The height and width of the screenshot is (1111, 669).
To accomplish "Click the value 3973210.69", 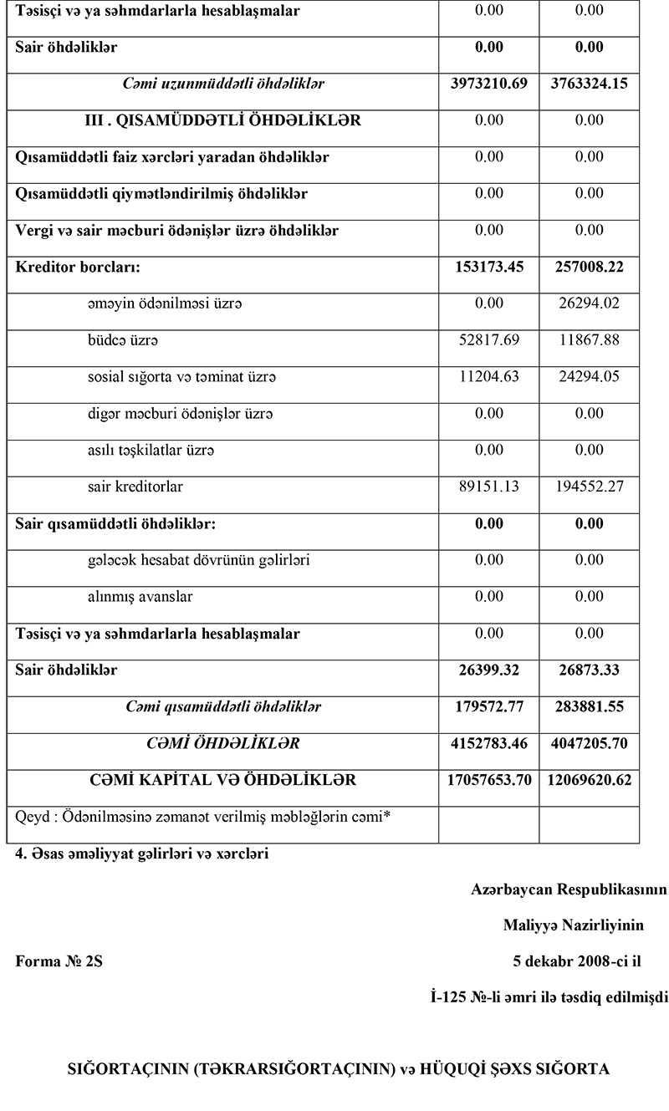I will (x=488, y=84).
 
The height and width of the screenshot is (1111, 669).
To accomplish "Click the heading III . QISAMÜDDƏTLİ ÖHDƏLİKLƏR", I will (x=223, y=120).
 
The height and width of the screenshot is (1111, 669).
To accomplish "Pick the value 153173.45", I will (x=488, y=268).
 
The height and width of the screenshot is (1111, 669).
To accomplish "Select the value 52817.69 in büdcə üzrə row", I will (x=488, y=340).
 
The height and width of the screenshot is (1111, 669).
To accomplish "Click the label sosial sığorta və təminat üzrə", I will (x=181, y=377).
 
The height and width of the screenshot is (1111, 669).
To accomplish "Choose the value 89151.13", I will (x=488, y=487).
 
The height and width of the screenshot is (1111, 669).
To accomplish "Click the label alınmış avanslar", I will (x=140, y=597).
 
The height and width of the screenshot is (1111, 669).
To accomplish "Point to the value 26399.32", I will (x=488, y=670).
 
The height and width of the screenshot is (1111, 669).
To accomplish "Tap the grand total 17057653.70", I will (x=488, y=780).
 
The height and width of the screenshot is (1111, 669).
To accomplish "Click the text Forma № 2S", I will (x=59, y=961).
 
